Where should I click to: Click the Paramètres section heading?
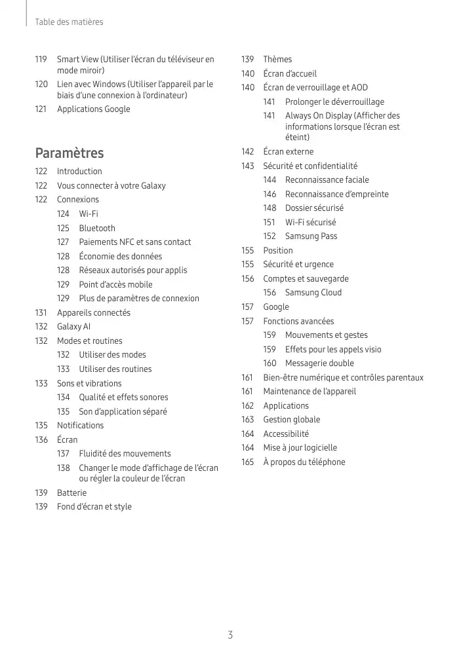(x=69, y=153)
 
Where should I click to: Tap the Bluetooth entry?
(x=97, y=228)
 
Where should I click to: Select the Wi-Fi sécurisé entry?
(x=310, y=222)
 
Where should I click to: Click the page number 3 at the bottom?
(x=230, y=635)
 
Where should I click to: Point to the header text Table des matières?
(x=69, y=22)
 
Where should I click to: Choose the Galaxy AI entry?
(x=73, y=326)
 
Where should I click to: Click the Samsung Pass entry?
(x=311, y=236)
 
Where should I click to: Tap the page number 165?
(x=247, y=462)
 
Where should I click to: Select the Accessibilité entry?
(x=286, y=434)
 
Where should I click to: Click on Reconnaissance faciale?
(x=327, y=179)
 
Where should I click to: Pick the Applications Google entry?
(x=93, y=109)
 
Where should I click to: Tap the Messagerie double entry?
(x=319, y=363)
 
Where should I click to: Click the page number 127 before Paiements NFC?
(x=63, y=242)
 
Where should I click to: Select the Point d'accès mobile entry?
(x=115, y=284)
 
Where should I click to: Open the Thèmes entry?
(x=277, y=59)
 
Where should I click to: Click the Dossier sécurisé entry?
(x=314, y=208)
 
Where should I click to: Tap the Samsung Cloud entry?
(x=313, y=292)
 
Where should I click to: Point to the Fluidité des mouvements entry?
(x=125, y=453)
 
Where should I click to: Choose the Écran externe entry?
(x=288, y=151)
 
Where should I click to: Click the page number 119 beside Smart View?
(x=41, y=59)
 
